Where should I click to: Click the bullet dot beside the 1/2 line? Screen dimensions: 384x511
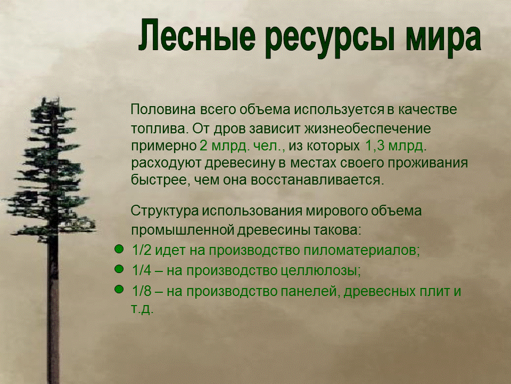pos(119,249)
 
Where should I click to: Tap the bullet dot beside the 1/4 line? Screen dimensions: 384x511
pos(119,269)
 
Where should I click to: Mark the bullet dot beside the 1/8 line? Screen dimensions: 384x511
pos(119,289)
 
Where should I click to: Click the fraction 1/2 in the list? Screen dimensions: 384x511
pos(141,250)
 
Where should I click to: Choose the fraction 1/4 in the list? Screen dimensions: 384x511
pos(141,270)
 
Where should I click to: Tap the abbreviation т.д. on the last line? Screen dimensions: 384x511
pos(142,309)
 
